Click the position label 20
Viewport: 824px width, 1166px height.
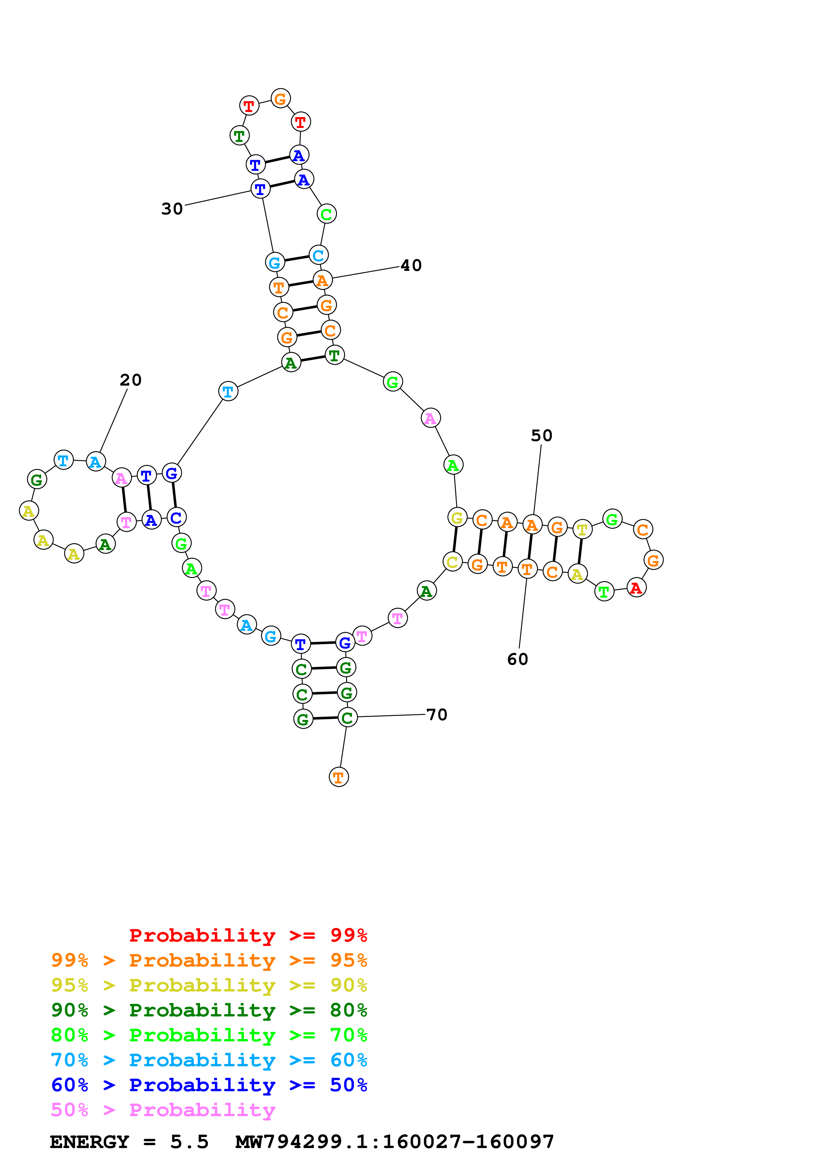coord(131,380)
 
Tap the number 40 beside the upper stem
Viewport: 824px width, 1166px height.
coord(411,266)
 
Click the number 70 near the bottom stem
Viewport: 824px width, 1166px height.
coord(437,715)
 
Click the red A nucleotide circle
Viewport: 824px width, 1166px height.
coord(636,588)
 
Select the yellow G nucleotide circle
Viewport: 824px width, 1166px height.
coord(457,518)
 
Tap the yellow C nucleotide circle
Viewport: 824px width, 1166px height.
coord(452,562)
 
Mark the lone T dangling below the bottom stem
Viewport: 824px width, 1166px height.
coord(339,777)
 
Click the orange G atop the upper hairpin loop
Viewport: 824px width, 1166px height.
coord(280,98)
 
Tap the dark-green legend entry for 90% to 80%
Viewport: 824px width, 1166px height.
coord(209,1010)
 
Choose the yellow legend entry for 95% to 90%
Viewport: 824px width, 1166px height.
coord(209,985)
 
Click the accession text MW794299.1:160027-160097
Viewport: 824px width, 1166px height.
coord(395,1142)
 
